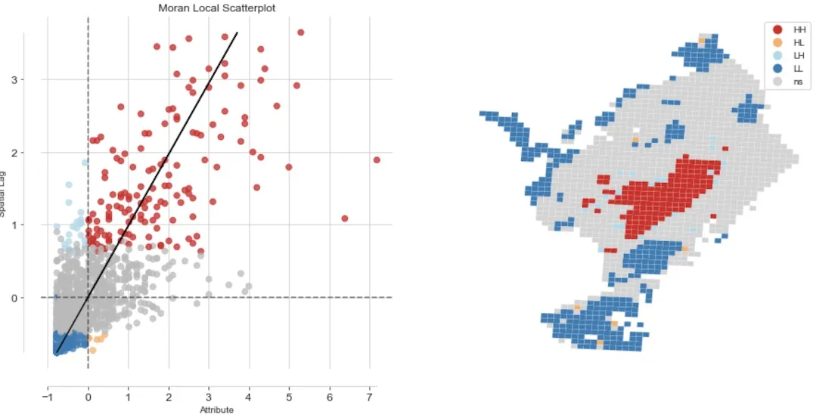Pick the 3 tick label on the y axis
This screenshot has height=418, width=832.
(33, 80)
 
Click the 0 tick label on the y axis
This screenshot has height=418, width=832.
(33, 298)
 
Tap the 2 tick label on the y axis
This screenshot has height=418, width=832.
(33, 153)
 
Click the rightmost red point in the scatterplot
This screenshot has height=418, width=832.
(376, 159)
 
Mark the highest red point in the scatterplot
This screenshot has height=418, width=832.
(300, 33)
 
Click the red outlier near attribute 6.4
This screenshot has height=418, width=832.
(344, 218)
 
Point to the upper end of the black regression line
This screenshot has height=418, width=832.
(237, 33)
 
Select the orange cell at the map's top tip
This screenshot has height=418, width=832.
(702, 40)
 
